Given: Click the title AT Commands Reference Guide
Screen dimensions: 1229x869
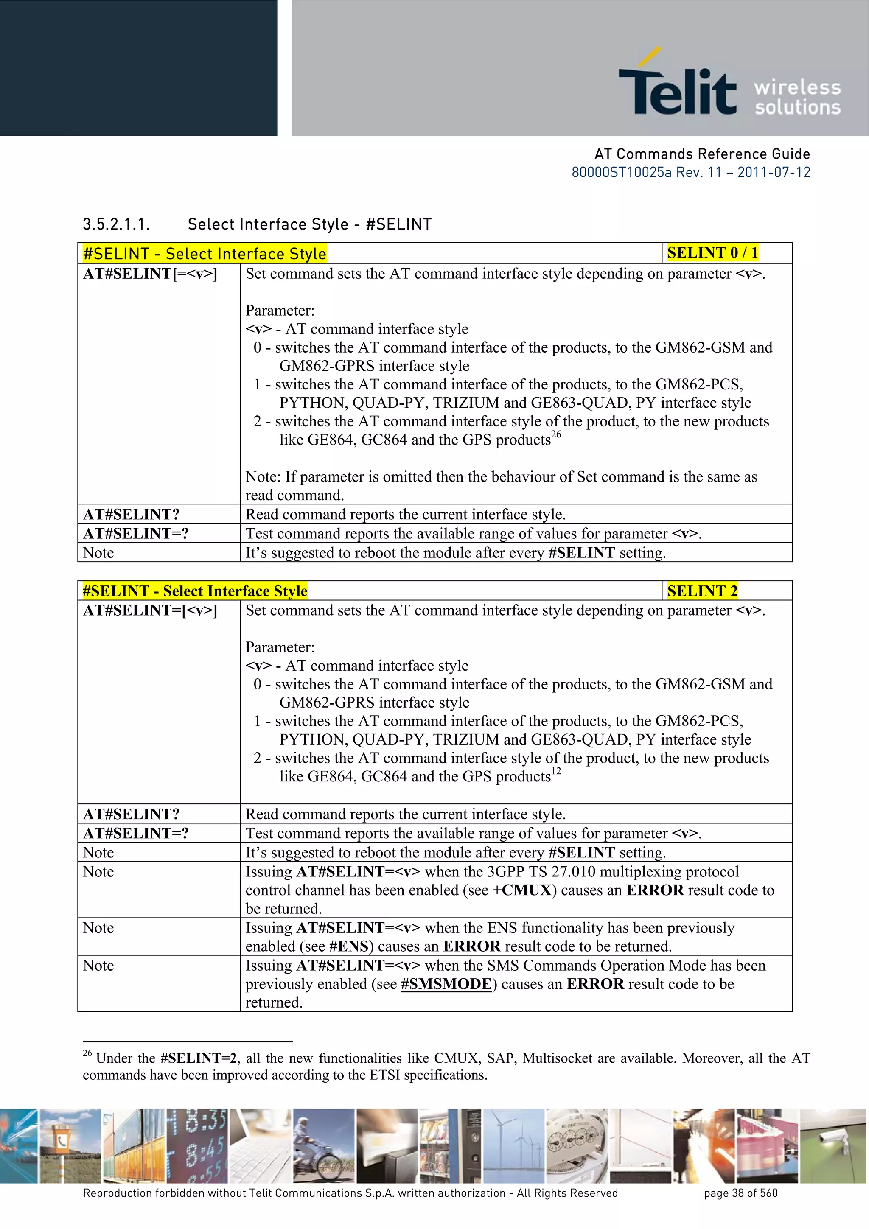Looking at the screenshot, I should tap(702, 154).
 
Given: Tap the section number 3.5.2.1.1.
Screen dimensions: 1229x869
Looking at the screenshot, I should tap(116, 224).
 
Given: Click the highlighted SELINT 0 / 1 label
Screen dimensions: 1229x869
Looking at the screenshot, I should tap(712, 253).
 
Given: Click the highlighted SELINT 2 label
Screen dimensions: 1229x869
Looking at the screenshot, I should tap(702, 591).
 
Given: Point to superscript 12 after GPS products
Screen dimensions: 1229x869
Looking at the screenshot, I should tap(556, 771).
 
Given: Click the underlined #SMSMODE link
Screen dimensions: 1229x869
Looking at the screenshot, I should tap(446, 984).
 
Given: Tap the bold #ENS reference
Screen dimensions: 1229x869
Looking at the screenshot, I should tap(348, 946).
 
